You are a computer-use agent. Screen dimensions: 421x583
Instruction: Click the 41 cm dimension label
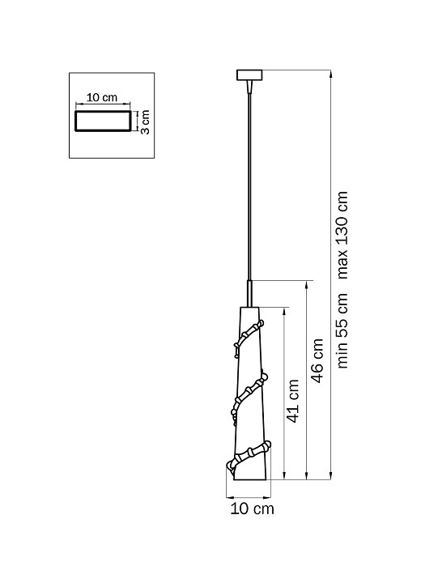click(293, 401)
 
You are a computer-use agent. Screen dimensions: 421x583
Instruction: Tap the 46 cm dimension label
click(317, 360)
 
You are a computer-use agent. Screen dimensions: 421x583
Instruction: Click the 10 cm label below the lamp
click(252, 509)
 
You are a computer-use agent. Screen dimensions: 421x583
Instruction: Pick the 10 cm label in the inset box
click(102, 97)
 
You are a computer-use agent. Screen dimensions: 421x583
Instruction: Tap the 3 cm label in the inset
click(145, 122)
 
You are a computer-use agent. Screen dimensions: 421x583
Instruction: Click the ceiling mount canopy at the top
click(249, 74)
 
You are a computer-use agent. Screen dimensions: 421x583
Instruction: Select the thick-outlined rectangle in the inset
click(103, 121)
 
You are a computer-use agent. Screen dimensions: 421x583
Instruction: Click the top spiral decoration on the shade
click(249, 337)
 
